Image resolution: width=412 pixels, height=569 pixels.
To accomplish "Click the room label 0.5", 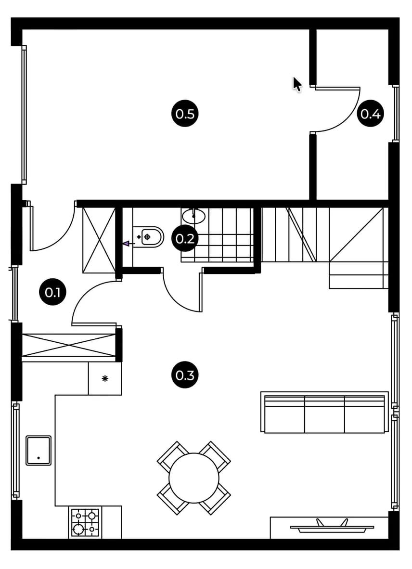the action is (x=185, y=114).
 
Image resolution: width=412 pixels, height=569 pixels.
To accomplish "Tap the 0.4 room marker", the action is (x=370, y=114).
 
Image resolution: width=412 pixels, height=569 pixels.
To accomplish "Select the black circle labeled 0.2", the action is (x=185, y=238).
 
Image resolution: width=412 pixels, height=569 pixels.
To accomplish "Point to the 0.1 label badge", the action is (x=52, y=292).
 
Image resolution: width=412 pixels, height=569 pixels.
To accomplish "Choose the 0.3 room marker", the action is (x=185, y=375).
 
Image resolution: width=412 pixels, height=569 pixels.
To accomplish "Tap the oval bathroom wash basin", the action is (x=193, y=216).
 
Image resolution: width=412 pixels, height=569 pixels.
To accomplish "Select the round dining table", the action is (x=194, y=478).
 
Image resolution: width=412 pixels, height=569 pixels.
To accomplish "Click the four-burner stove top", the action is (x=85, y=523).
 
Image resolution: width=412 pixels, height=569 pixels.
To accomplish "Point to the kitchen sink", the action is (x=39, y=450).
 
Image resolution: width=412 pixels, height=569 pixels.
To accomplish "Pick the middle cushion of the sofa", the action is (x=324, y=414).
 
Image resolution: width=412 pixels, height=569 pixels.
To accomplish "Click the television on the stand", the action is (x=332, y=526).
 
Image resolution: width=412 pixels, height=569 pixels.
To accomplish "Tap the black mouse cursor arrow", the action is (x=297, y=84).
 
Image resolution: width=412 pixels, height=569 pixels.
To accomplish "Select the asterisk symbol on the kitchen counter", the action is (x=105, y=378).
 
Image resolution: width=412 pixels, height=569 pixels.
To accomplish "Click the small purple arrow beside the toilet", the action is (x=128, y=244).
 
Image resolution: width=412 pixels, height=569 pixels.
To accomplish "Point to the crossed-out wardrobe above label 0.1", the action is (x=99, y=240).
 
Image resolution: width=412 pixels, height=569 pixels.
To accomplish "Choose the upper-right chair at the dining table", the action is (x=215, y=456).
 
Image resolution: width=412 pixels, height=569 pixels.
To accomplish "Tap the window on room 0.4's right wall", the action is (x=396, y=114).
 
